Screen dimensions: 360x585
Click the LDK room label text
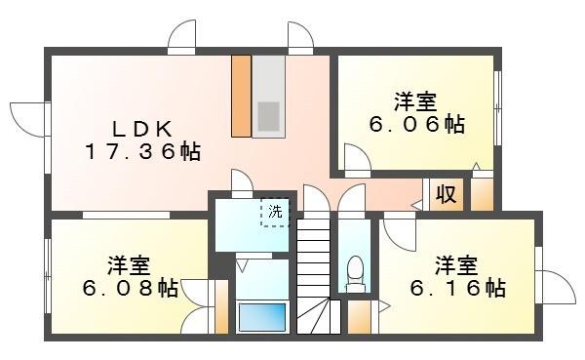click(x=141, y=129)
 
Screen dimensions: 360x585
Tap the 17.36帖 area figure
click(x=141, y=151)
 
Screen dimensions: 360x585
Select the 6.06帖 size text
click(x=415, y=125)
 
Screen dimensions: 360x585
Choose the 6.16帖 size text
click(x=456, y=289)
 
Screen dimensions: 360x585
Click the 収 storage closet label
click(x=446, y=194)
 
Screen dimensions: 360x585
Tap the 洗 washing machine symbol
click(x=275, y=212)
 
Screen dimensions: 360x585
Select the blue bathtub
click(x=262, y=317)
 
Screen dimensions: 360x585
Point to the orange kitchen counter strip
click(x=241, y=96)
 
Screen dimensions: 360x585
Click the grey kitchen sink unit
click(x=268, y=96)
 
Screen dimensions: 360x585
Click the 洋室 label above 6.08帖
click(x=129, y=265)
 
